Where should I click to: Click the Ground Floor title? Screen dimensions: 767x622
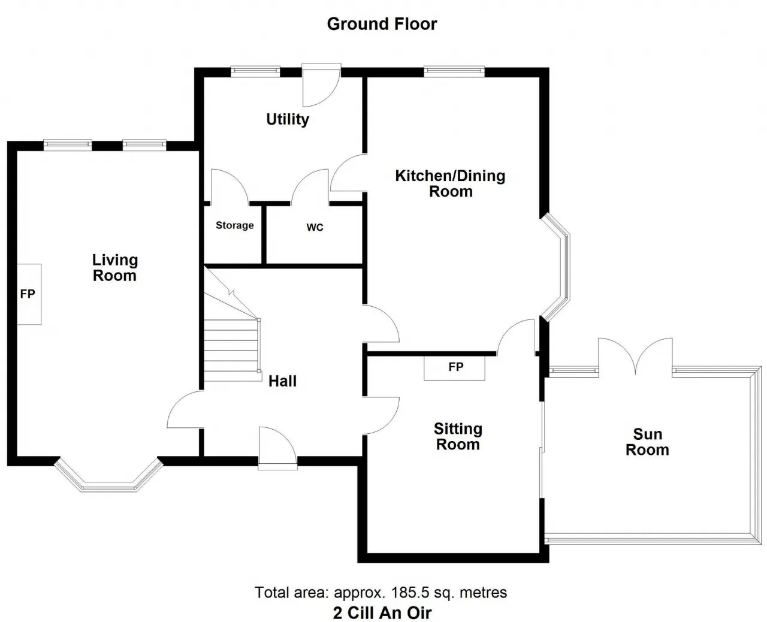pyautogui.click(x=382, y=24)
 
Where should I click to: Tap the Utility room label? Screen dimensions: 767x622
pyautogui.click(x=288, y=119)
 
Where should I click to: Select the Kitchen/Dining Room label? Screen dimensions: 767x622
pyautogui.click(x=450, y=183)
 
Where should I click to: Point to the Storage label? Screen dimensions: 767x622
pyautogui.click(x=235, y=225)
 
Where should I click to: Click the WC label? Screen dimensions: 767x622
pyautogui.click(x=315, y=228)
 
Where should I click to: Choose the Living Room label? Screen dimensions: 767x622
pyautogui.click(x=115, y=268)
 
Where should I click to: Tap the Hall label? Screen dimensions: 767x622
pyautogui.click(x=282, y=381)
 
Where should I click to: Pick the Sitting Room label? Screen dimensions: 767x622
pyautogui.click(x=458, y=436)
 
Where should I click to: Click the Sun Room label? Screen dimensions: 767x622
pyautogui.click(x=647, y=442)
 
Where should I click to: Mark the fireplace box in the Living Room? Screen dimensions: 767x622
pyautogui.click(x=29, y=294)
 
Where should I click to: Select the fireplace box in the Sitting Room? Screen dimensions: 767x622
pyautogui.click(x=454, y=368)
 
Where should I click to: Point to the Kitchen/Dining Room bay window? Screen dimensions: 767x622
pyautogui.click(x=556, y=267)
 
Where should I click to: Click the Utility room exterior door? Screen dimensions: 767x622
pyautogui.click(x=321, y=86)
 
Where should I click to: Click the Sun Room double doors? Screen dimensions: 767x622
pyautogui.click(x=636, y=357)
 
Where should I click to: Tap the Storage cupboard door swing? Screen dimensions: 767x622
pyautogui.click(x=230, y=186)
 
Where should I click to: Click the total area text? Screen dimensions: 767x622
pyautogui.click(x=381, y=592)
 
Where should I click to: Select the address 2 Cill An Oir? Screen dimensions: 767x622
pyautogui.click(x=382, y=612)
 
